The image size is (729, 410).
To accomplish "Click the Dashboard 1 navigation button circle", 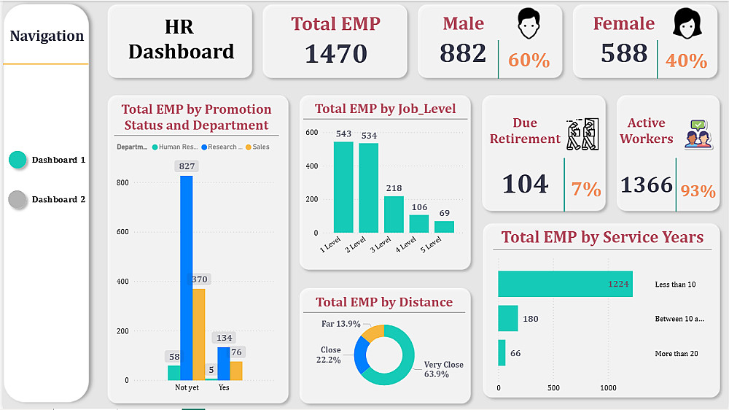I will pyautogui.click(x=17, y=160).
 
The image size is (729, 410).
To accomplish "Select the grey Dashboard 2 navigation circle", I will pyautogui.click(x=17, y=199).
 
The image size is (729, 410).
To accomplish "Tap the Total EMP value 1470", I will pyautogui.click(x=335, y=53).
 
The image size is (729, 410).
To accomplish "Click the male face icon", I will pyautogui.click(x=530, y=23).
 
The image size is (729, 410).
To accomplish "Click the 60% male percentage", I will pyautogui.click(x=529, y=61).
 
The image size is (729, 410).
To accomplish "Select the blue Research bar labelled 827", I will pyautogui.click(x=187, y=277).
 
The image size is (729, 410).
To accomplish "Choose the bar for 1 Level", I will pyautogui.click(x=343, y=187).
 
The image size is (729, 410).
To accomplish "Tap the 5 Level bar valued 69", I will pyautogui.click(x=444, y=226).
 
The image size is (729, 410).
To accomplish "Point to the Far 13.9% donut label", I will pyautogui.click(x=340, y=324).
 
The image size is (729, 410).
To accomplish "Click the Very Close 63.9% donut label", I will pyautogui.click(x=443, y=369).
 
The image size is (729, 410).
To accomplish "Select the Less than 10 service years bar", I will pyautogui.click(x=564, y=284).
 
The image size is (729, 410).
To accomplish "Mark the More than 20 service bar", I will pyautogui.click(x=502, y=353).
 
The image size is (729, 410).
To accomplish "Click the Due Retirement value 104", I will pyautogui.click(x=525, y=184).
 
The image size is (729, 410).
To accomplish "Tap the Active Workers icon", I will pyautogui.click(x=698, y=135).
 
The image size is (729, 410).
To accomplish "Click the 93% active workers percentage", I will pyautogui.click(x=698, y=191).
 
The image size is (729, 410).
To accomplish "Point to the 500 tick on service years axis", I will pyautogui.click(x=553, y=387).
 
